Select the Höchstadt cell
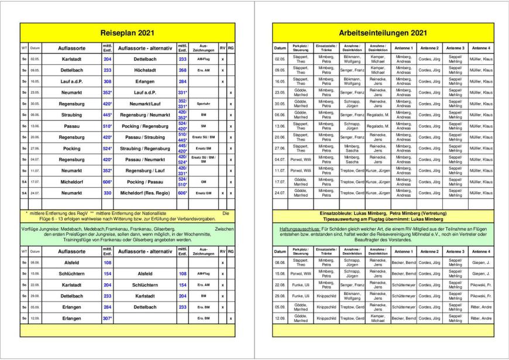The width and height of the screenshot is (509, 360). (145, 70)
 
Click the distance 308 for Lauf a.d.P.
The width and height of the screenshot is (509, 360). (108, 81)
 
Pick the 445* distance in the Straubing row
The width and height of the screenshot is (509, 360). (108, 115)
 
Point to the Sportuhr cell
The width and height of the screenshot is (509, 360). (203, 104)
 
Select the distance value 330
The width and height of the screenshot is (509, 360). (108, 193)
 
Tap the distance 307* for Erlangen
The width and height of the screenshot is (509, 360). (108, 318)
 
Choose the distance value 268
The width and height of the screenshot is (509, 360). (183, 70)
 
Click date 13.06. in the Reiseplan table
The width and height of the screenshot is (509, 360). (35, 126)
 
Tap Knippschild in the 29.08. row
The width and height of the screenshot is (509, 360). (326, 296)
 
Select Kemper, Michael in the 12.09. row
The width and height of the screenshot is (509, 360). (377, 318)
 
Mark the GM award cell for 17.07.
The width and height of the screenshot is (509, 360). (203, 181)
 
